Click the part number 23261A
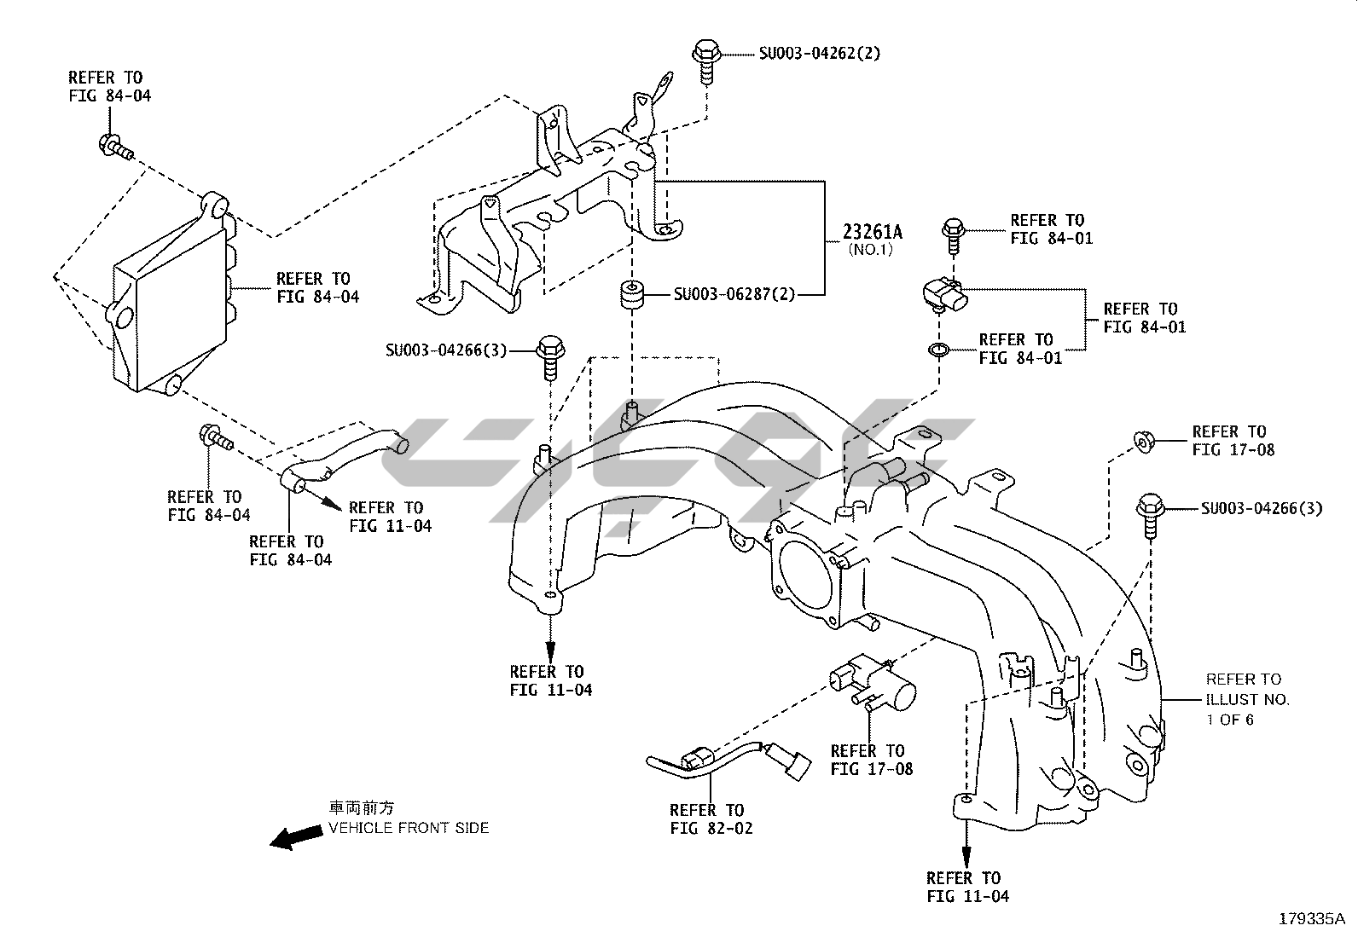click(872, 231)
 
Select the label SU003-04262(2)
click(819, 53)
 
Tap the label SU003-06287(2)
click(734, 294)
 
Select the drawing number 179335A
click(1311, 919)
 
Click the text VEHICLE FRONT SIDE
click(409, 828)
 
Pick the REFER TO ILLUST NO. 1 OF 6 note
click(1246, 699)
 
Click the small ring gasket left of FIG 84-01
click(939, 350)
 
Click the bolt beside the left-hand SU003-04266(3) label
click(548, 355)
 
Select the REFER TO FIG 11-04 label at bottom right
click(967, 887)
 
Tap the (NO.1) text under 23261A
click(870, 251)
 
